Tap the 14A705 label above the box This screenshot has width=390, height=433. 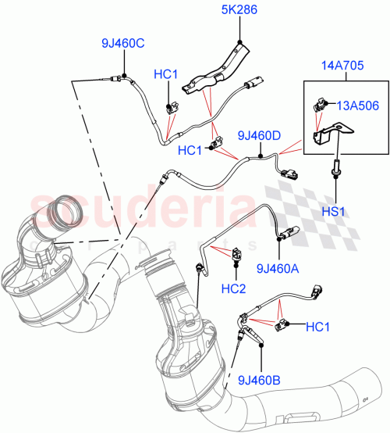336,66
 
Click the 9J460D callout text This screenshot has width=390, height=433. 258,136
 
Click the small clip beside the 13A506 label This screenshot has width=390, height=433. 321,103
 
